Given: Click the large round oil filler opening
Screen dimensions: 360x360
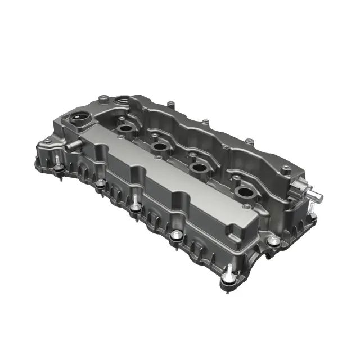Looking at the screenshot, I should (78, 119).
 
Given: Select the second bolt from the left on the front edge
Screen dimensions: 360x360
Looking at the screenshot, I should (101, 184).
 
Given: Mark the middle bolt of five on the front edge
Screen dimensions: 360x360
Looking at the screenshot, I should (135, 208).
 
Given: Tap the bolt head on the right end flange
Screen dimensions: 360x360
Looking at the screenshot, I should (274, 241).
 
